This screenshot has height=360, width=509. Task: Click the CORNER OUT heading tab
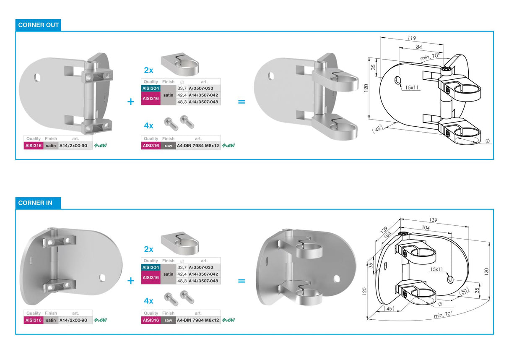pos(38,25)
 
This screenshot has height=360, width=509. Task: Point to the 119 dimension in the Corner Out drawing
pos(412,38)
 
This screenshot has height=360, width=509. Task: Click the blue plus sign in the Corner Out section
pos(131,102)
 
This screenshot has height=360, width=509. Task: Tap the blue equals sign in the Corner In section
pos(242,281)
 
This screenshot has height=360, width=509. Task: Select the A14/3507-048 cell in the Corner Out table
pos(203,102)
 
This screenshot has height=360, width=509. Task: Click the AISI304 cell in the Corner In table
pos(151,267)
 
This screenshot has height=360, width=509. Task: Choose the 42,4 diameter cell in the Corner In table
pos(182,274)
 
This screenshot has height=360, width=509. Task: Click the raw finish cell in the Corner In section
pos(168,321)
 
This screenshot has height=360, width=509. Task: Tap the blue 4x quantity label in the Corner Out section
pos(148,125)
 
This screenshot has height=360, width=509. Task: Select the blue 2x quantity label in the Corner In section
pos(148,249)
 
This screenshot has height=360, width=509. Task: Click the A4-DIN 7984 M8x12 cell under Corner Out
pos(198,146)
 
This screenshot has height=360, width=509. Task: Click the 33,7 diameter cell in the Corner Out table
pos(182,89)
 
